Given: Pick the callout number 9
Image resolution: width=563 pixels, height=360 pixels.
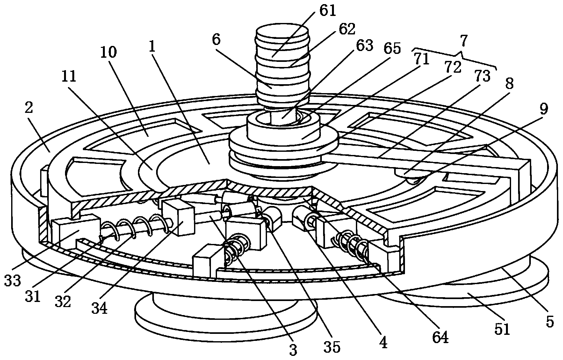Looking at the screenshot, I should point(544,109).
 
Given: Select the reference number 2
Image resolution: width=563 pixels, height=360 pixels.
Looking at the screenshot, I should point(28,109).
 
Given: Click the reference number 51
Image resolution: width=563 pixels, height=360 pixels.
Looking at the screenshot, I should point(502,330).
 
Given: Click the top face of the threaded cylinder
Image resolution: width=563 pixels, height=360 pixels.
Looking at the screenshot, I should point(283,33).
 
